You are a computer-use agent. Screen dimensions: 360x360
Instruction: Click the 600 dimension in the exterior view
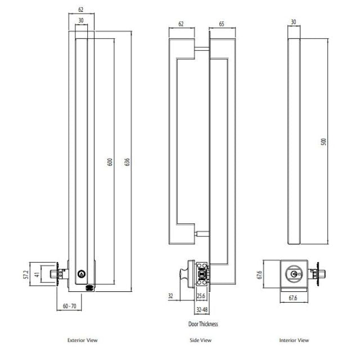tap(110, 161)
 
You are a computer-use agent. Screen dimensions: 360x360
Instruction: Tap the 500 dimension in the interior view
tap(323, 141)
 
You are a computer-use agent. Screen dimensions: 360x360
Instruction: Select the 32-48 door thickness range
tap(202, 309)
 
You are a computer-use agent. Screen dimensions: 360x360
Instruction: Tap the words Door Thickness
tap(202, 324)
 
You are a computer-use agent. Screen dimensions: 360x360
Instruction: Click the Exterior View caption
tap(82, 340)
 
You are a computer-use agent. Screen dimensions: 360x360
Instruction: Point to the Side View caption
tap(201, 340)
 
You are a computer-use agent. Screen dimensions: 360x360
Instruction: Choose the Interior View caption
tap(294, 340)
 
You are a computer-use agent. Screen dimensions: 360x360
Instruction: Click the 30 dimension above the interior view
tap(293, 22)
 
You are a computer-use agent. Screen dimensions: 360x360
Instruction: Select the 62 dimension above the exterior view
tap(81, 10)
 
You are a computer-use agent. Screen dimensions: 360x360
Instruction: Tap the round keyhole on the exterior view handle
tap(81, 274)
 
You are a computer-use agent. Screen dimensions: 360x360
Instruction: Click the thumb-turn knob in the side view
tap(184, 274)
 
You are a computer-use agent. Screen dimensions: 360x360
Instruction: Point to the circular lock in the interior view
tap(294, 273)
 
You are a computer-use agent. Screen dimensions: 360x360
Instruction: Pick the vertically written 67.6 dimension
tap(259, 273)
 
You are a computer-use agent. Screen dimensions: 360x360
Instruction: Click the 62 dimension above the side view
tap(181, 25)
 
